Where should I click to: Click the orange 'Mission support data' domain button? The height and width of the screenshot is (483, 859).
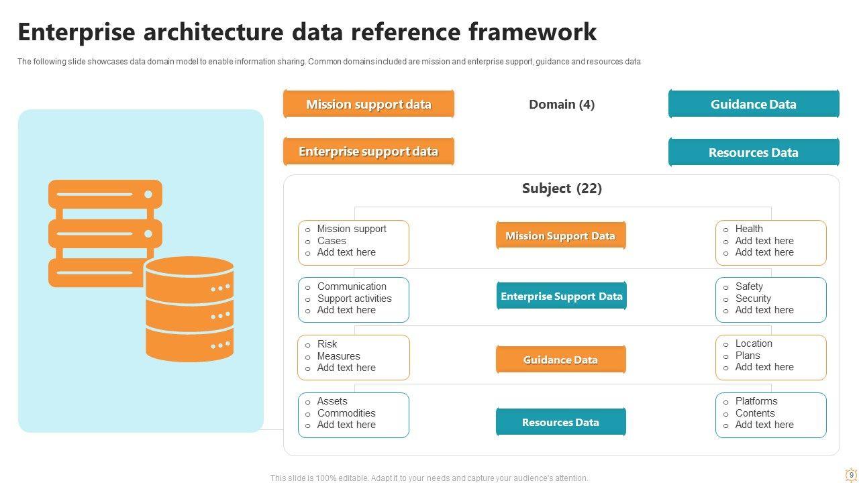point(368,104)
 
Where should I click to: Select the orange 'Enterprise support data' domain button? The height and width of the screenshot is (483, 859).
point(368,152)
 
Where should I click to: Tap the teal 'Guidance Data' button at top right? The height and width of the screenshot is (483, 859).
point(754,104)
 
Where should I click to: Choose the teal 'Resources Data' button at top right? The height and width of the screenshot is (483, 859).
point(754,152)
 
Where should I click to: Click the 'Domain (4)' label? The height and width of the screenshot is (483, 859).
point(562,104)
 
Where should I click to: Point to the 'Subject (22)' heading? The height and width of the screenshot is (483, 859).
point(562,189)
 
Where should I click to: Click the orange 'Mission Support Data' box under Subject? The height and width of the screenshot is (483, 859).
point(560,236)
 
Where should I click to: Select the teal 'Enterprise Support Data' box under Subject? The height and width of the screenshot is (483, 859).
point(562,296)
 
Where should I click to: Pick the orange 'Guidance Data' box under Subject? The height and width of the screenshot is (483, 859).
point(560,360)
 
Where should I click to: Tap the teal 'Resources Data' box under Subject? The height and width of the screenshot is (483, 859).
point(560,422)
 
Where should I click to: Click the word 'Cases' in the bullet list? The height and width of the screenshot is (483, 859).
point(332,241)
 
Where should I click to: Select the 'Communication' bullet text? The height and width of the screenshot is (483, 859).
point(352,286)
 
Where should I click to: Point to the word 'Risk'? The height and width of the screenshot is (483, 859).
point(327,344)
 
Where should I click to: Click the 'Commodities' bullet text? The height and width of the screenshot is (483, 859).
point(346,413)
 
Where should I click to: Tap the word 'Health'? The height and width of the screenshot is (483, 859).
point(749,229)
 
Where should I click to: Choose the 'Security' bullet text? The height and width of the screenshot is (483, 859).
point(753,299)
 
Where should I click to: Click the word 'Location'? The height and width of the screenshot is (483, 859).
point(754,343)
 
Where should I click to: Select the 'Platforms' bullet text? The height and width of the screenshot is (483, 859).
point(756,401)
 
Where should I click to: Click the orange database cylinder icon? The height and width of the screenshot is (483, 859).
point(189,309)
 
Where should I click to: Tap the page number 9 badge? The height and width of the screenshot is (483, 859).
point(852,475)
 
